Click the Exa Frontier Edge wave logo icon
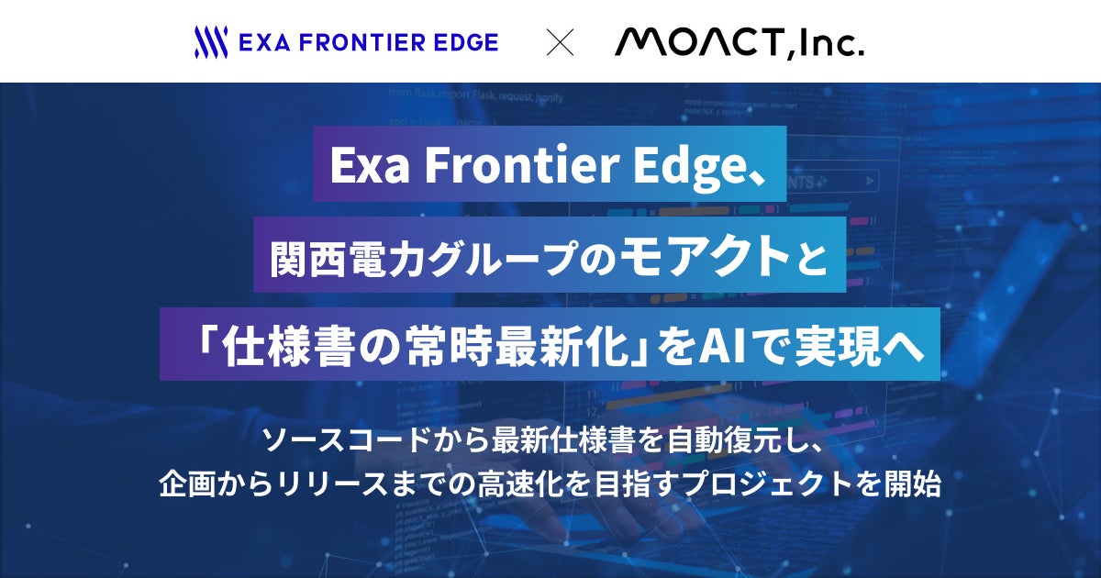(x=211, y=42)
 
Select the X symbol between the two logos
(x=560, y=43)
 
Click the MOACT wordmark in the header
(x=699, y=41)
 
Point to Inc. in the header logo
(x=833, y=42)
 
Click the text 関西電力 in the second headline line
(x=346, y=257)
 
